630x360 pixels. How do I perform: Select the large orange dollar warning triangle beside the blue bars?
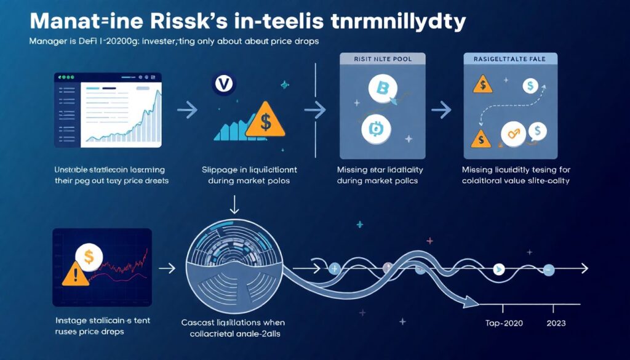point(265,120)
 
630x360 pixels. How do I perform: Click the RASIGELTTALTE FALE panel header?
point(509,59)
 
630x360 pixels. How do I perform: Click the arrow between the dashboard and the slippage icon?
point(186,111)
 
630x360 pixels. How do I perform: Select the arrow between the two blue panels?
point(441,111)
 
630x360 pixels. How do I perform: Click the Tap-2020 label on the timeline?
point(500,323)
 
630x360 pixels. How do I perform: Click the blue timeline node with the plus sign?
point(335,268)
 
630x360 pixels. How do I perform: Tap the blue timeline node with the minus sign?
point(549,269)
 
